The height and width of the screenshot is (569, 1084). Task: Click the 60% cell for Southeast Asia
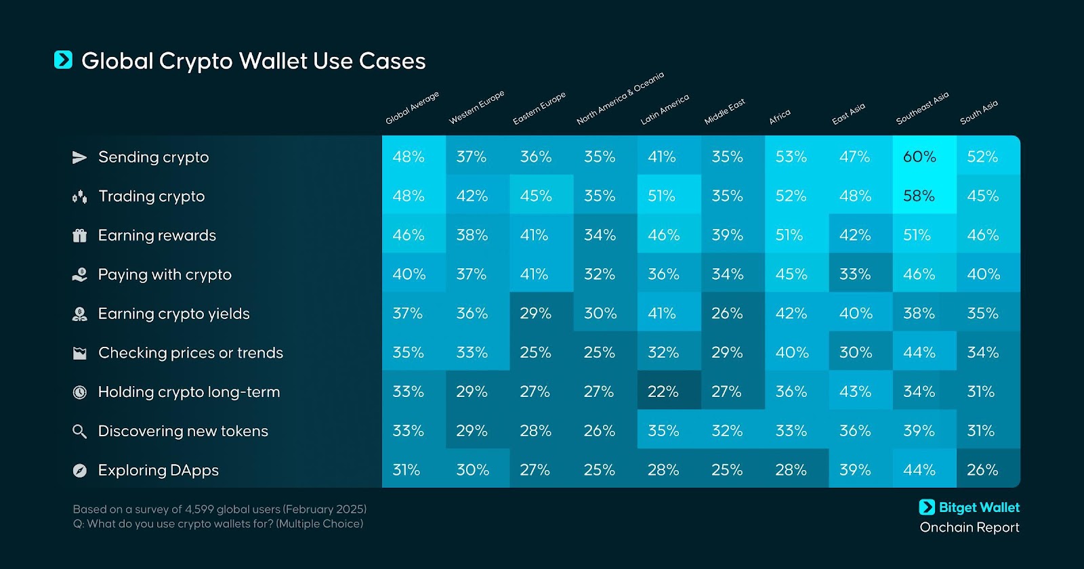click(x=919, y=157)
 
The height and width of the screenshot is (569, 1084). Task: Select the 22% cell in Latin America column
click(x=663, y=392)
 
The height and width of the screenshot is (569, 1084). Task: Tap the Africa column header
click(x=780, y=117)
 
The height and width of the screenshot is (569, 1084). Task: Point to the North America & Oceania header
click(x=620, y=98)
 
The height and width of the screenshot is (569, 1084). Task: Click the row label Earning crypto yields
click(x=173, y=314)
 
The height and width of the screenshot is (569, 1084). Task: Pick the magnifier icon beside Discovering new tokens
click(x=80, y=431)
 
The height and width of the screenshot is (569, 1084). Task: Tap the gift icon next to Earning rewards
click(x=80, y=236)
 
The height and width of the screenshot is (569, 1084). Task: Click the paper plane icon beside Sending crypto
click(x=80, y=157)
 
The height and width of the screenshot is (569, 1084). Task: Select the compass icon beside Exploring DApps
click(x=80, y=471)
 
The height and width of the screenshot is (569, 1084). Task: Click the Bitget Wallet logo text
click(x=978, y=507)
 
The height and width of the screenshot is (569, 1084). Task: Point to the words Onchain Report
click(x=969, y=528)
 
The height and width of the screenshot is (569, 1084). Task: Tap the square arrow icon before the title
click(x=63, y=60)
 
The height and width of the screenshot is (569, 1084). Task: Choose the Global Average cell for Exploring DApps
click(x=406, y=470)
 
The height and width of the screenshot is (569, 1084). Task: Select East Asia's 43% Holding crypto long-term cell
click(x=855, y=392)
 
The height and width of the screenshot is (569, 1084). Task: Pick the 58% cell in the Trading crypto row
click(x=919, y=196)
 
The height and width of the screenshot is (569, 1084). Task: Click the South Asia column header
click(x=979, y=112)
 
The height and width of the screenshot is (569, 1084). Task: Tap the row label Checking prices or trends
click(x=190, y=353)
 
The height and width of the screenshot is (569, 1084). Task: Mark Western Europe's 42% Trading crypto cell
click(x=472, y=196)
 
